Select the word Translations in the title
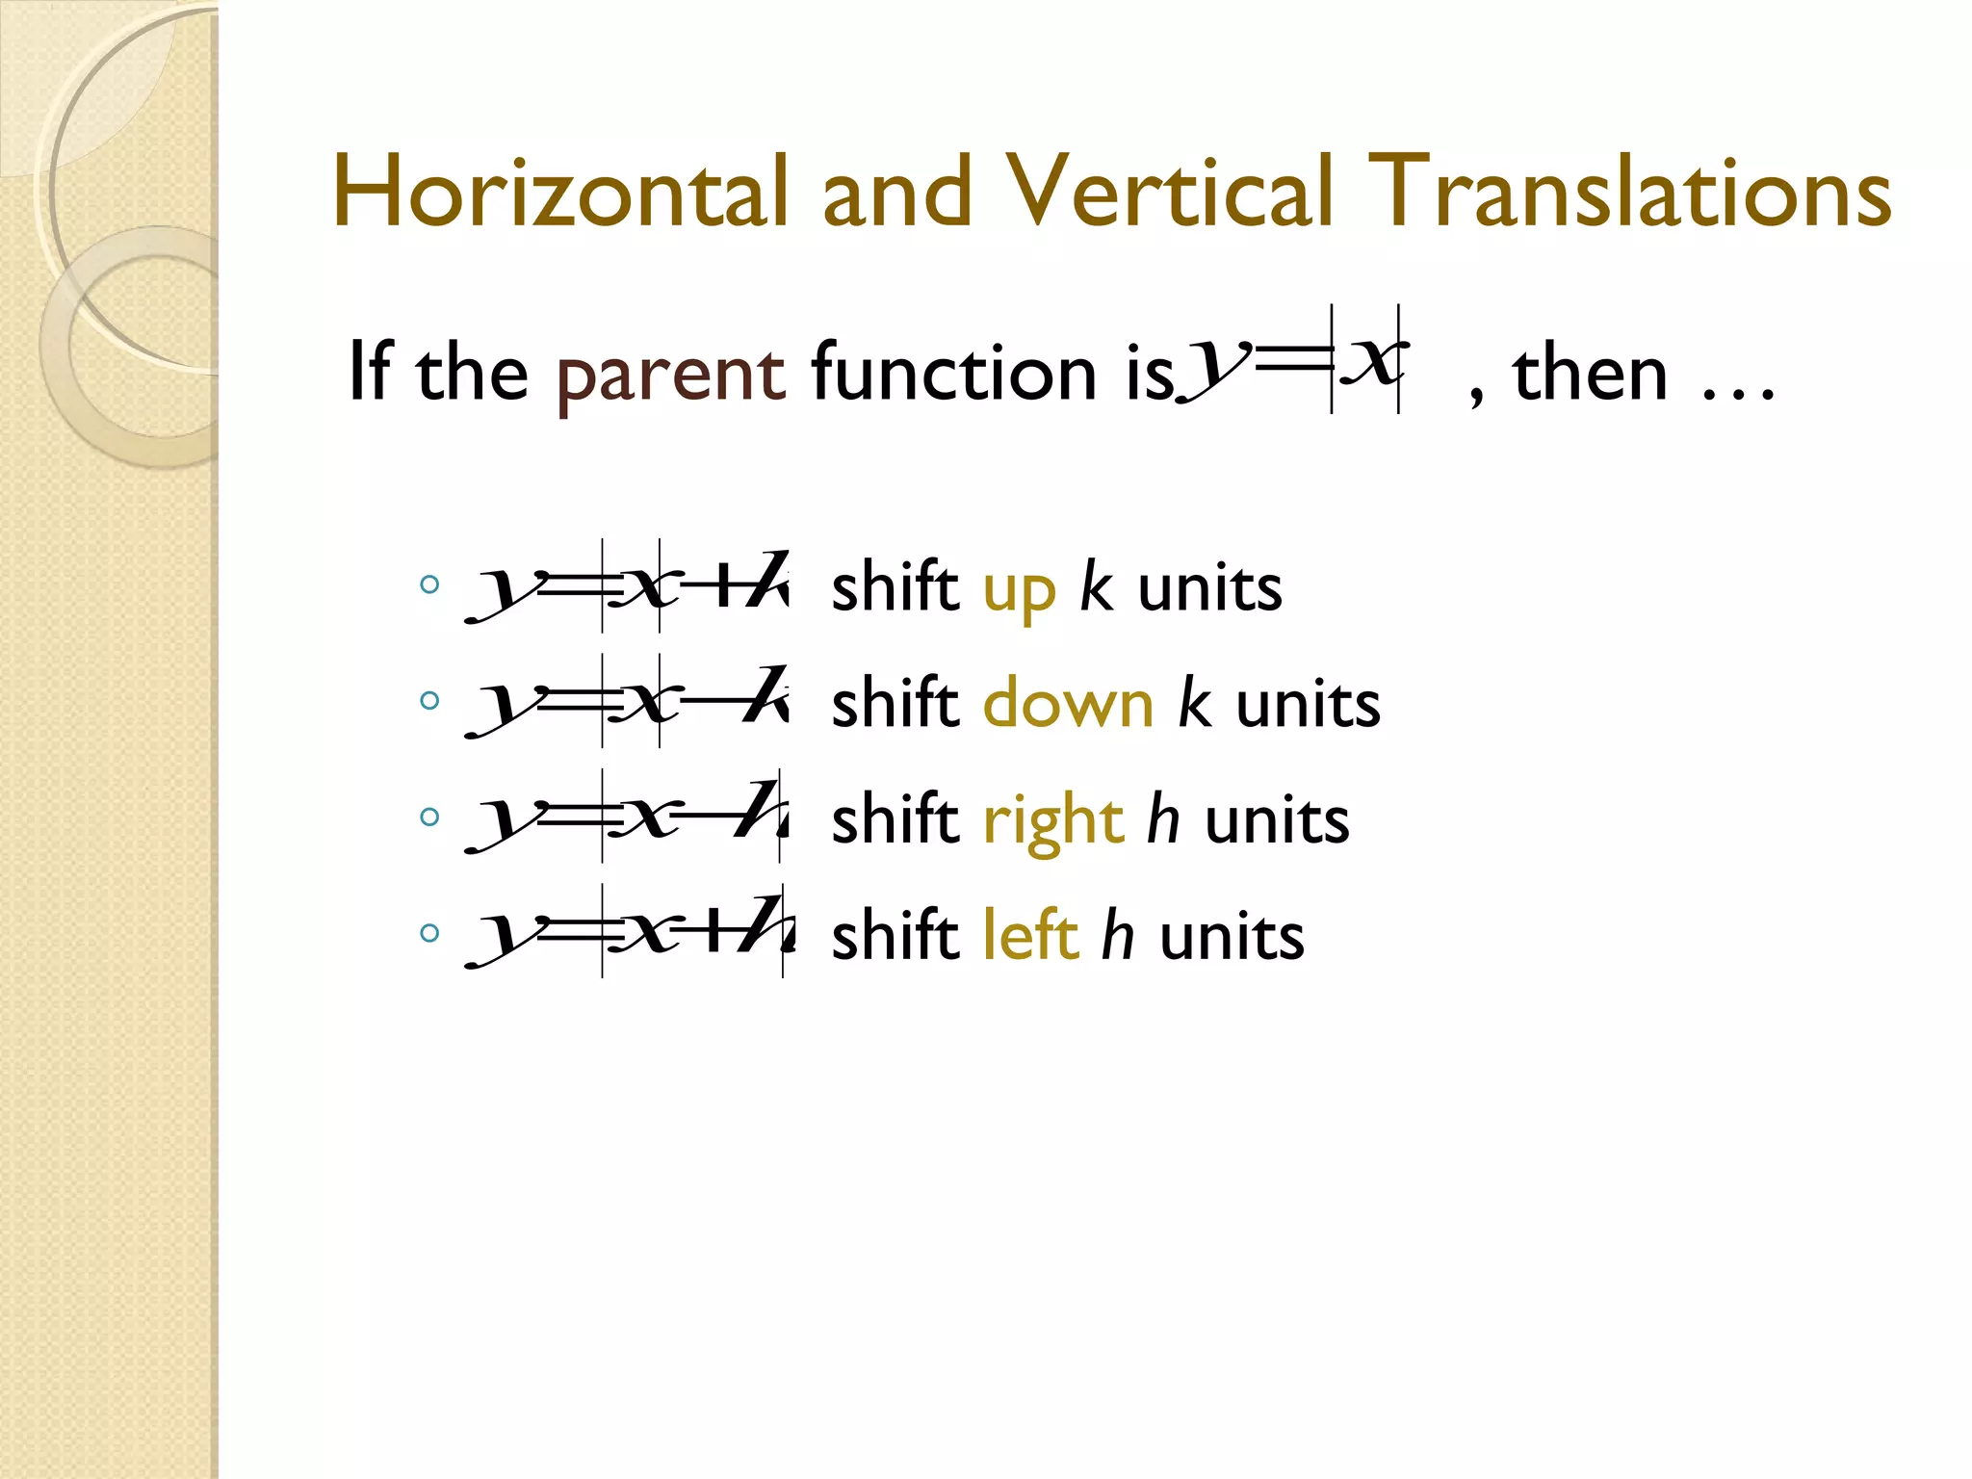coord(1627,193)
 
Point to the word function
coord(953,373)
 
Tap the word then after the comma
coord(1590,374)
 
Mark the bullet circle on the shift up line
coord(430,584)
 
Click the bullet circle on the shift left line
coord(430,932)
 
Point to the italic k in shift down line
coord(1195,704)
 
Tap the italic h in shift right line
coord(1163,820)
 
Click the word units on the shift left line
coord(1232,936)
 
